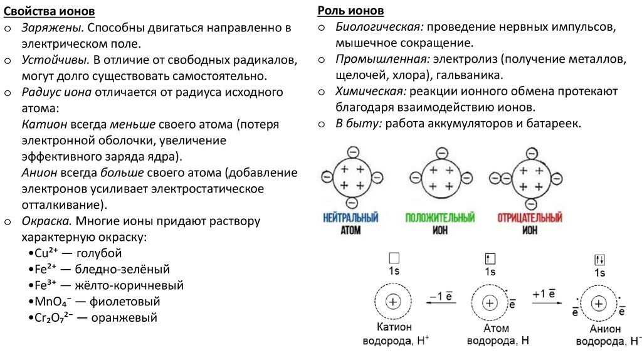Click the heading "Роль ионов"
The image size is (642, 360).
click(x=350, y=12)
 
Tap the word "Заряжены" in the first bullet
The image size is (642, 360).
click(x=53, y=28)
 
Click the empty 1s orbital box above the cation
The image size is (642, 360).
click(x=394, y=258)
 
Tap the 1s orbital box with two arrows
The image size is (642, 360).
click(x=599, y=259)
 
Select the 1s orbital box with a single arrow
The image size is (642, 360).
click(x=490, y=258)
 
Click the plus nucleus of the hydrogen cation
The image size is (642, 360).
click(x=393, y=302)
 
